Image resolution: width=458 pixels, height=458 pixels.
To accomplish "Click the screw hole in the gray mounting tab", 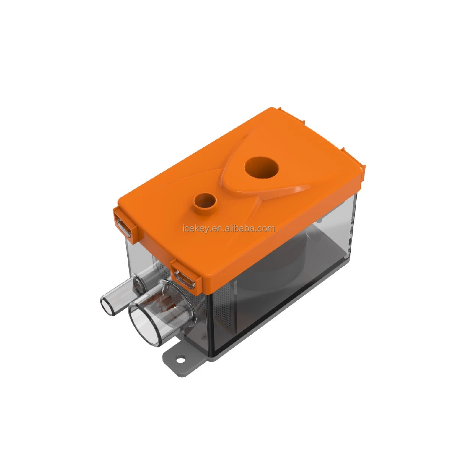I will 181,359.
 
